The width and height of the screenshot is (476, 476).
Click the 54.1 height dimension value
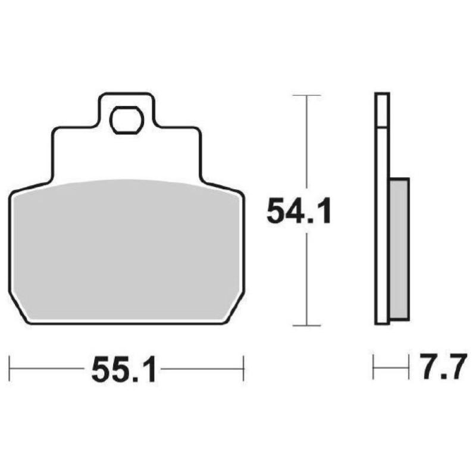(x=298, y=211)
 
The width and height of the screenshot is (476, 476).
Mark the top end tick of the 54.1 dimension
(x=306, y=95)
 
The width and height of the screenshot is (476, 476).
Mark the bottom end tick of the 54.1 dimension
(x=306, y=325)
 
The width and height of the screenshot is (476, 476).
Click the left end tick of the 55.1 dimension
(x=11, y=368)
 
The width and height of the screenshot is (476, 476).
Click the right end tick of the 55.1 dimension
(x=243, y=368)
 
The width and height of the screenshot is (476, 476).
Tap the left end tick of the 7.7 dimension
(x=374, y=367)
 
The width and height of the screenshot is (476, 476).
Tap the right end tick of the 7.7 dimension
(x=409, y=367)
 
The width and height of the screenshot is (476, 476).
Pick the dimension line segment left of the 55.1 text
(x=48, y=368)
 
